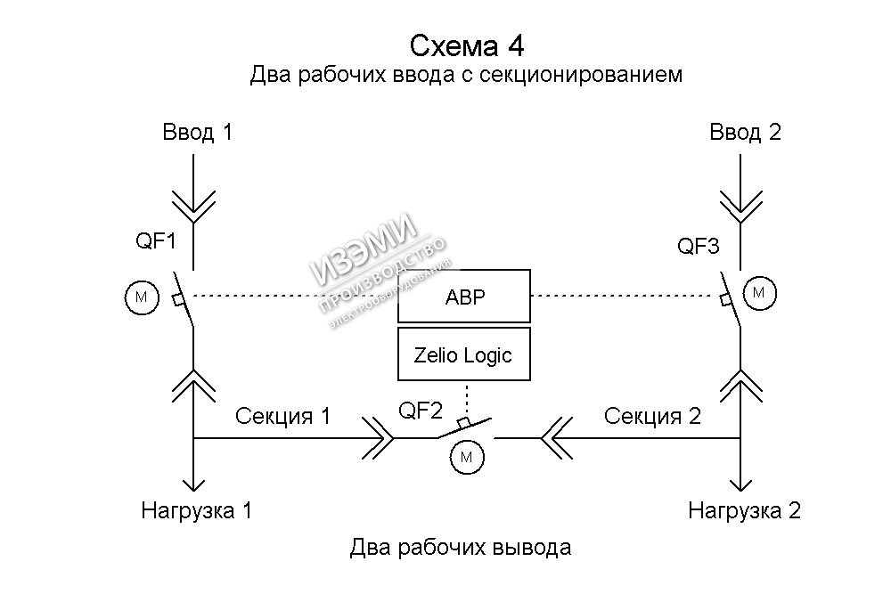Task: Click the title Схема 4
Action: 466,44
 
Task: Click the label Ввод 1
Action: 197,133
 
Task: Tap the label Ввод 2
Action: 745,133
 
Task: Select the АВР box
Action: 464,296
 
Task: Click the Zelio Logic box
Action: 463,354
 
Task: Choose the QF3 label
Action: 699,246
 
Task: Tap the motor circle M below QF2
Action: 465,458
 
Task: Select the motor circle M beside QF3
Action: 759,292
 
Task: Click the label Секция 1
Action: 282,415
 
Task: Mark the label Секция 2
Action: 652,415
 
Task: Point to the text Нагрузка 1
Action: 197,511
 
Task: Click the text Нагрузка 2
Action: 745,511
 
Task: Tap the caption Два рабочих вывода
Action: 461,547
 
